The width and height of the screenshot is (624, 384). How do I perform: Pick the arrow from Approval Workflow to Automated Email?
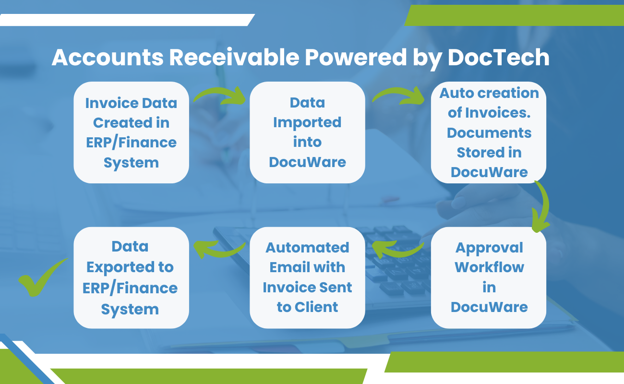pyautogui.click(x=398, y=248)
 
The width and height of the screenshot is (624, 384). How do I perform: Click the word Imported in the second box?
pyautogui.click(x=307, y=122)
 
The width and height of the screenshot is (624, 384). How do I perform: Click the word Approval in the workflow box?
pyautogui.click(x=489, y=248)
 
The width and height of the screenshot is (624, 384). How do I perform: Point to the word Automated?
pyautogui.click(x=307, y=247)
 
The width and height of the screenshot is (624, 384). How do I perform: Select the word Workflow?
pyautogui.click(x=489, y=267)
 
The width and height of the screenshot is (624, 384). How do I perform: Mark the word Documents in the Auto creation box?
pyautogui.click(x=489, y=132)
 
